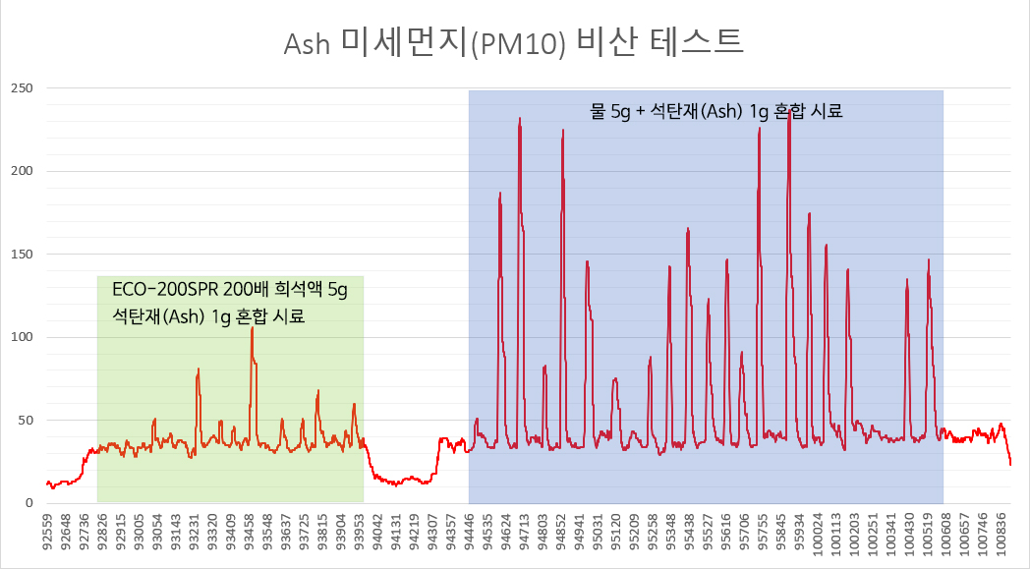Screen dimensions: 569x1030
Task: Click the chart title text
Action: tap(514, 41)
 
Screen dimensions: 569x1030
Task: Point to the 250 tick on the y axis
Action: tap(22, 88)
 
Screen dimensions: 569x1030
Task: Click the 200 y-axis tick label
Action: tap(22, 171)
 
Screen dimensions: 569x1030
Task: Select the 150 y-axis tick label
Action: tap(22, 255)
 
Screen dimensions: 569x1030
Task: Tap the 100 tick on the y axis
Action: tap(22, 337)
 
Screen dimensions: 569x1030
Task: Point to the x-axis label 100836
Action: tap(1001, 538)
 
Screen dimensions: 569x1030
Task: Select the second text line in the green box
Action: tap(208, 316)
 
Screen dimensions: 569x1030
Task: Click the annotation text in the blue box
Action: tap(716, 111)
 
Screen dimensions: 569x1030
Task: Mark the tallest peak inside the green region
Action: tap(252, 328)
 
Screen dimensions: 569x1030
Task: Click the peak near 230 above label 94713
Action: tap(520, 119)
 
